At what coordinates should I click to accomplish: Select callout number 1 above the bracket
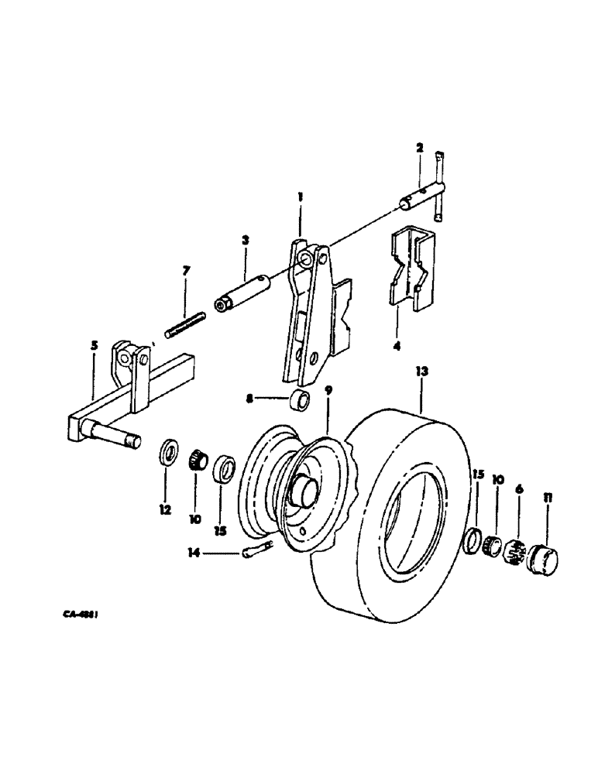300,198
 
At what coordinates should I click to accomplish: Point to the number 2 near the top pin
419,146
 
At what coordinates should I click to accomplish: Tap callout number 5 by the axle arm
95,345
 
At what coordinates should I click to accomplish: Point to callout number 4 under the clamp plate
397,346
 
